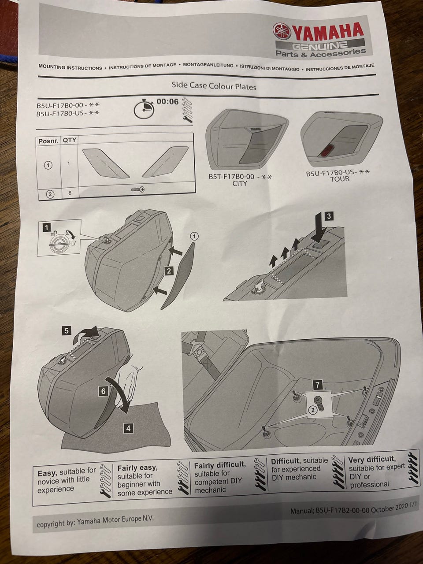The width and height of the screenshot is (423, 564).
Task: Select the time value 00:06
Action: click(167, 102)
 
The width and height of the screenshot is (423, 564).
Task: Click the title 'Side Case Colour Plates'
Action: click(214, 86)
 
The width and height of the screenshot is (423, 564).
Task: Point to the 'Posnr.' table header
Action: click(48, 141)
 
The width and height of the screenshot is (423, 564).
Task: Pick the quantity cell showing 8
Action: click(69, 193)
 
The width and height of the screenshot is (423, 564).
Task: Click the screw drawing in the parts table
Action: click(138, 190)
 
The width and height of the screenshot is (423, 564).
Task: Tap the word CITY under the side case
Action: click(240, 183)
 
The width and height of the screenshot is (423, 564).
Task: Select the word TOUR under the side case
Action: click(339, 179)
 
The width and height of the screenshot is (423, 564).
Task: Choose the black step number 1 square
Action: click(46, 227)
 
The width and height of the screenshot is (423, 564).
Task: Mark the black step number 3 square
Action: click(329, 216)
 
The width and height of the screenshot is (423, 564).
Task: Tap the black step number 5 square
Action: click(66, 330)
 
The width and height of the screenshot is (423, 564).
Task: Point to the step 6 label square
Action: click(103, 390)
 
